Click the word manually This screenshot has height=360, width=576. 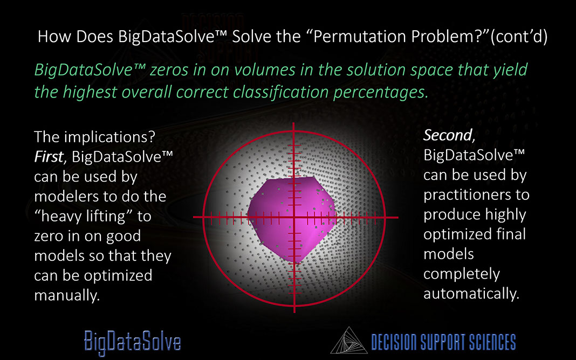pos(67,295)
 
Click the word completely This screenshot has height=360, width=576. pos(462,274)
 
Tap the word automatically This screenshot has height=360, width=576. pos(471,294)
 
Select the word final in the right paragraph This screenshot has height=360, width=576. pos(511,234)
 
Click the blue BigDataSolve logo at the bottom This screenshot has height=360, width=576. pos(132,342)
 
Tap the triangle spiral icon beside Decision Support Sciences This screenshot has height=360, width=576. pos(348,341)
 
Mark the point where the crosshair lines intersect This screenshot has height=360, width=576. pos(294,217)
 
